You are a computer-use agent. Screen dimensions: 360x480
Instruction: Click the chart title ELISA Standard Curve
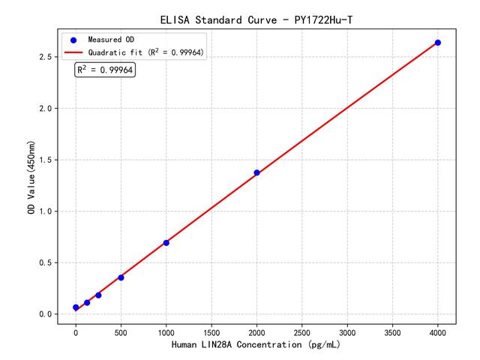pos(256,19)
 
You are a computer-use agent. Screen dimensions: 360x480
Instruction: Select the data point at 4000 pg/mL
pos(438,43)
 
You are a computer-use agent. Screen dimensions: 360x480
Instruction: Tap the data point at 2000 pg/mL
pos(256,172)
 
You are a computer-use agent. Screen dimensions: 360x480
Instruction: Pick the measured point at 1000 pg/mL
pos(166,242)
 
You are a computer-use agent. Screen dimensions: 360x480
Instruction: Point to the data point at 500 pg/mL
pos(121,277)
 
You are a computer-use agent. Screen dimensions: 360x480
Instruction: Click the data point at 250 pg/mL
pos(98,295)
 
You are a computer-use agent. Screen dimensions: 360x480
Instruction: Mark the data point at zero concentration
pos(76,307)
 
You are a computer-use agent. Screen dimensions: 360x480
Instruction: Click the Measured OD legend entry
pos(112,39)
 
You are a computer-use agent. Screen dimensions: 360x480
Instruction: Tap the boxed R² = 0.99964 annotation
pos(105,70)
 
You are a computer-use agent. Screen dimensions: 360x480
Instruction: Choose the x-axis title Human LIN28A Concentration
pos(256,346)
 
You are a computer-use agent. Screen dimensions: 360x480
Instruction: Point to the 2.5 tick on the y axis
pos(44,57)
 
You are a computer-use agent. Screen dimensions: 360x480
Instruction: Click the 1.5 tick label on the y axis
pos(44,160)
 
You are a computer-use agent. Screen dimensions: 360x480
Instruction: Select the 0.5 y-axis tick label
pos(44,262)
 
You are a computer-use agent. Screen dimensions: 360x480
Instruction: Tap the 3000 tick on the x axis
pos(347,331)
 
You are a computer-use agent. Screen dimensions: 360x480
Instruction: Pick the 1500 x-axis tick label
pos(211,331)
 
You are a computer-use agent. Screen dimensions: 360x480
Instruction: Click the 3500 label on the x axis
pos(392,331)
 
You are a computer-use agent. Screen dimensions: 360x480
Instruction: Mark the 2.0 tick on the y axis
pos(44,109)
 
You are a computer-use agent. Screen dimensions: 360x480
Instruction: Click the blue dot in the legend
pos(73,39)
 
